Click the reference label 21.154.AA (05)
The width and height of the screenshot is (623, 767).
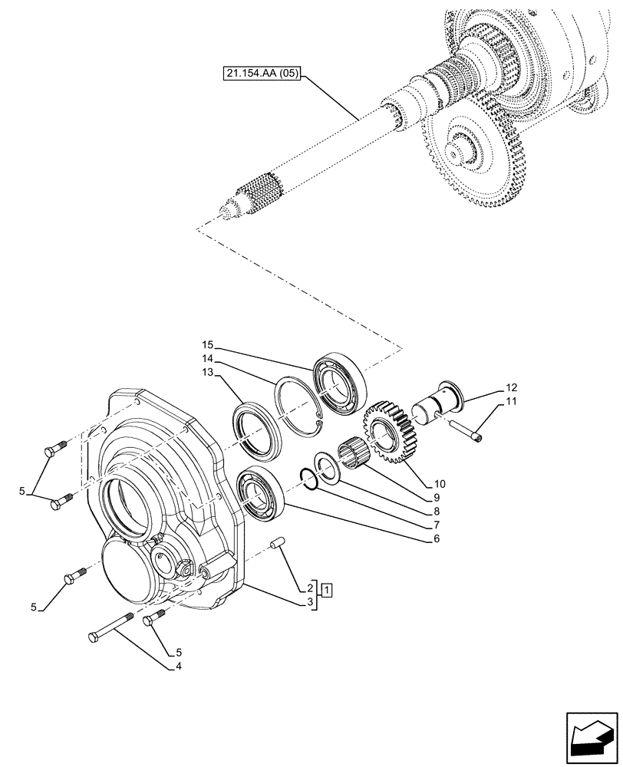click(263, 74)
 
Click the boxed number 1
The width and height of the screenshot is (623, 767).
click(327, 590)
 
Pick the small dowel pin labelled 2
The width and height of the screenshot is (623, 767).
click(279, 544)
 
